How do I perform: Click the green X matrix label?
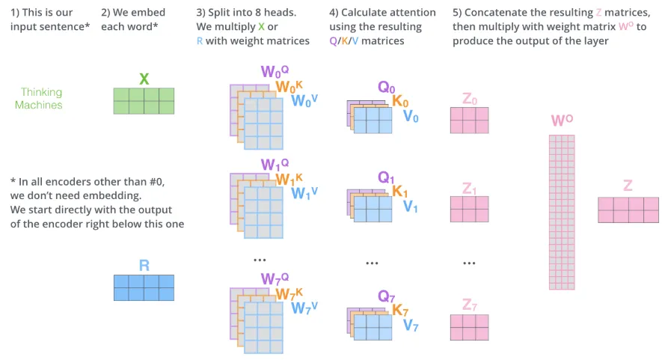click(x=144, y=79)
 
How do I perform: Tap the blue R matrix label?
click(x=144, y=265)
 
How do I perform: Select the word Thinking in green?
click(x=41, y=92)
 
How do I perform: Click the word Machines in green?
click(x=39, y=105)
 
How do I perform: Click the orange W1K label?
click(x=289, y=180)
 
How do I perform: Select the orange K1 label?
click(x=400, y=192)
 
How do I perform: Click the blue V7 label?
click(x=411, y=326)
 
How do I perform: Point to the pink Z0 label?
click(x=469, y=98)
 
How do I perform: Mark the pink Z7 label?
click(x=469, y=305)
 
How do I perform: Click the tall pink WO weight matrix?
click(x=562, y=212)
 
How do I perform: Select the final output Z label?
click(x=628, y=186)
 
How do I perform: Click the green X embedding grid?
click(x=144, y=101)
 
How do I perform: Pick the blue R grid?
click(x=144, y=287)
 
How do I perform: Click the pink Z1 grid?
click(x=469, y=210)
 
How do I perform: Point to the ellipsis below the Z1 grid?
click(x=469, y=263)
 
